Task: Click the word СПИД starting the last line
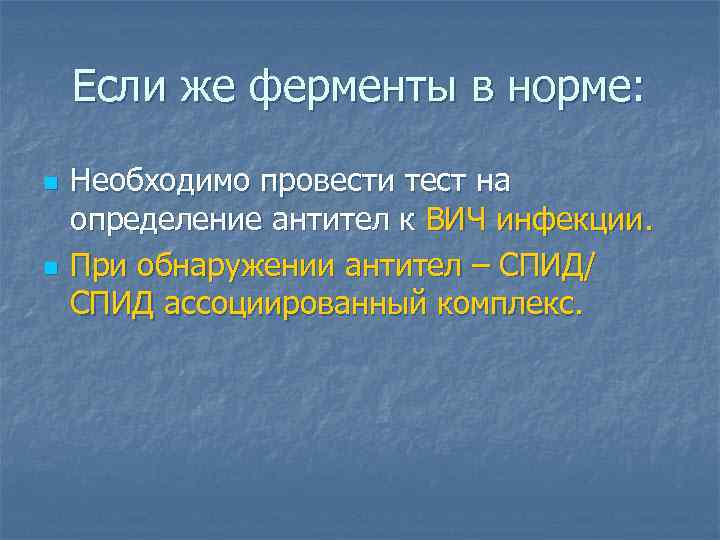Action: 110,303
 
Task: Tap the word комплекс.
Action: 508,303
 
